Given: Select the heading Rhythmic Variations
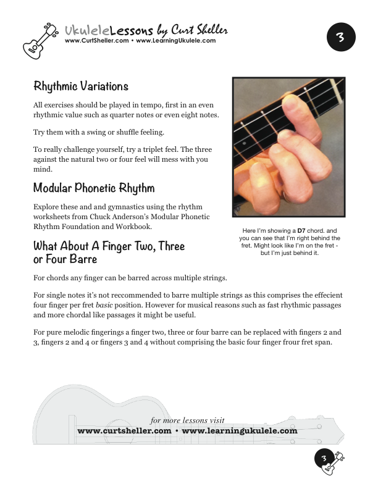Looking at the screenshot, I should pyautogui.click(x=81, y=86).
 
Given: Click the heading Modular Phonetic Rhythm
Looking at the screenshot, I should pyautogui.click(x=94, y=188).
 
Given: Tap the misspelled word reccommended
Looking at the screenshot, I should pyautogui.click(x=135, y=296).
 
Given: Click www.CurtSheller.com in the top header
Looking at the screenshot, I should pyautogui.click(x=96, y=41).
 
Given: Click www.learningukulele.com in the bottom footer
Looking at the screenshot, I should pyautogui.click(x=240, y=430).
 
